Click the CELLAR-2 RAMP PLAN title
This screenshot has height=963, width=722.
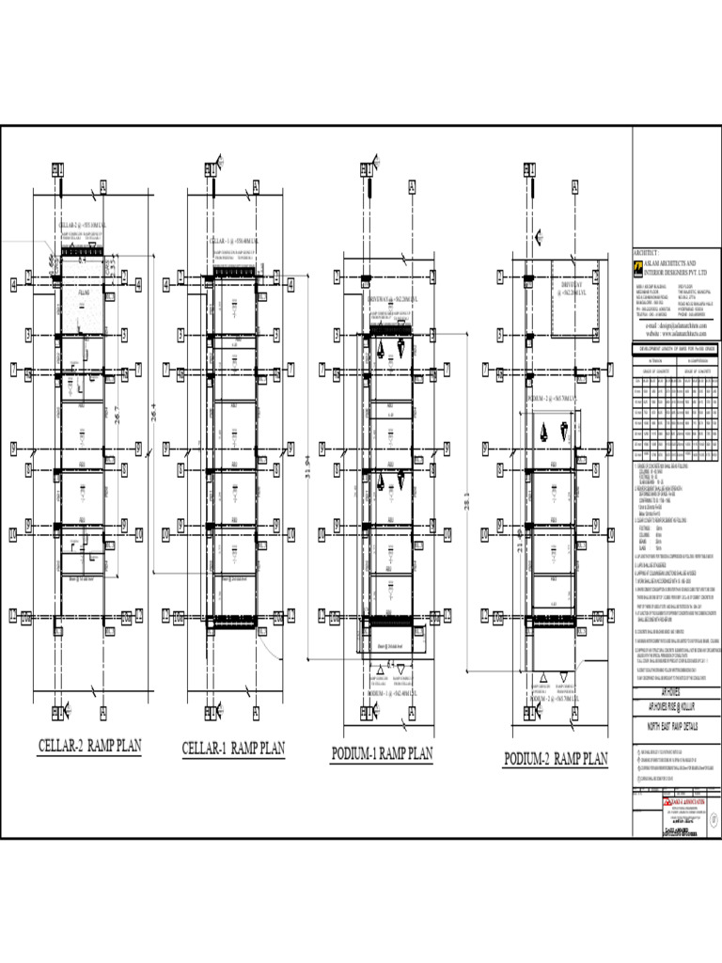[89, 747]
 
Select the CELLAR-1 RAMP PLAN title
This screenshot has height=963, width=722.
[232, 749]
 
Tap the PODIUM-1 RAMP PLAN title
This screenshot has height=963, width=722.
[382, 753]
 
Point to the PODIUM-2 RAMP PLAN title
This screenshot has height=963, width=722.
[555, 759]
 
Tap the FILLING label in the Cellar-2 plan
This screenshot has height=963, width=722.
[83, 294]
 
